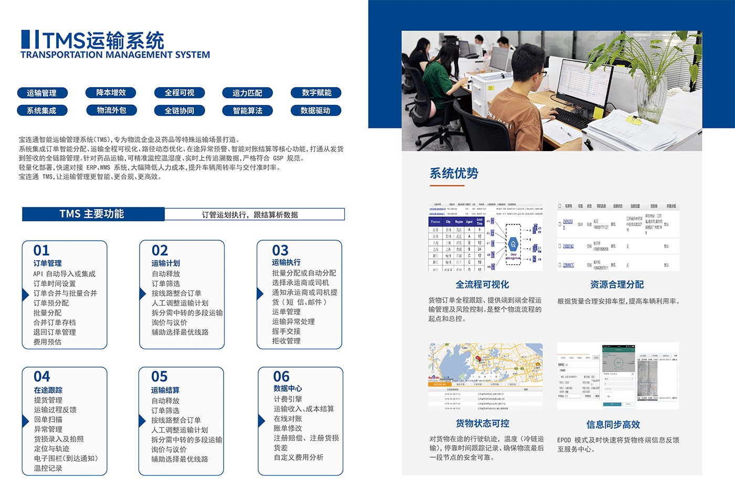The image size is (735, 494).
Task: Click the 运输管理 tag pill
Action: coord(41,93)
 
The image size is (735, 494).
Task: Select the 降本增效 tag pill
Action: coord(111,93)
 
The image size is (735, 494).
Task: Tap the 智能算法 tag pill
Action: coord(247,111)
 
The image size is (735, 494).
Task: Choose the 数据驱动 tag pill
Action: coord(316,111)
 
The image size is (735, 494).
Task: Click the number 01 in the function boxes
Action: coord(41,250)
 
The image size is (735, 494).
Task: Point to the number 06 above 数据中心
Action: coord(281,377)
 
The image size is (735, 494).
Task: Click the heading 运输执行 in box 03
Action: coord(286,262)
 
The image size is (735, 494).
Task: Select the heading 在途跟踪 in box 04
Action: coord(48,390)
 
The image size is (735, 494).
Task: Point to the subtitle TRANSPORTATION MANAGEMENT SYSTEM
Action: coord(115,55)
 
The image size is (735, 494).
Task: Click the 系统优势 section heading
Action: coord(454,173)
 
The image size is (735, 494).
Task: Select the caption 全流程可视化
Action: coord(482,284)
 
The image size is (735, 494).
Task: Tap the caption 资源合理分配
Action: coord(617,284)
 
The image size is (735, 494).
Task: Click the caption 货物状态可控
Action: coord(482,423)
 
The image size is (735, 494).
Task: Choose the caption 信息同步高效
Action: coord(613,424)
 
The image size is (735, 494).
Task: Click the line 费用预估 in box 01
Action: coord(48,342)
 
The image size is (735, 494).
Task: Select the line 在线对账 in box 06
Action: coord(288,418)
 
